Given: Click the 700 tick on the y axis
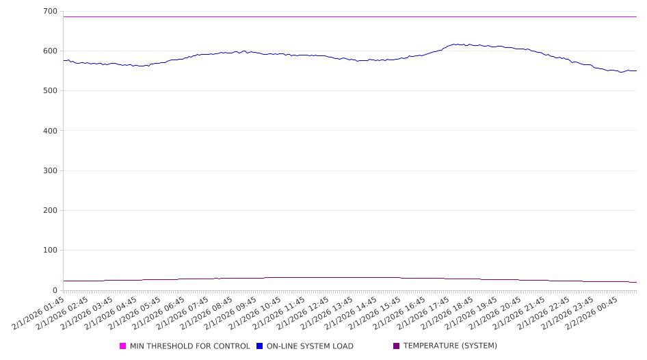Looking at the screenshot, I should pos(49,12).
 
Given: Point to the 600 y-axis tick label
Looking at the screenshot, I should pos(49,51).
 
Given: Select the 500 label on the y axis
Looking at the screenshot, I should pos(49,91).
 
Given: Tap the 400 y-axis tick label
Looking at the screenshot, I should pos(49,131).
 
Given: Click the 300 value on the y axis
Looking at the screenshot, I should pos(49,170).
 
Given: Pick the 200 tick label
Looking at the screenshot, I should pos(49,211).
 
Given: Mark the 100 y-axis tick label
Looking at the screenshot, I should pos(49,250).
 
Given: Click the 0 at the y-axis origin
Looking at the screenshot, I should pos(55,290).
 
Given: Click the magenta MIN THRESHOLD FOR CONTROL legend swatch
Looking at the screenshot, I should pos(123,346).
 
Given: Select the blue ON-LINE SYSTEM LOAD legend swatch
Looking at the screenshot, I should pos(260,346).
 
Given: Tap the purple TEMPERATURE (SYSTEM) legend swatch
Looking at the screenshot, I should pos(397,346).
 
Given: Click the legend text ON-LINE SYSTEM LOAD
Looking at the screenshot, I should pos(310,346).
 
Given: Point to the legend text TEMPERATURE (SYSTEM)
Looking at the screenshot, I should pos(450,346).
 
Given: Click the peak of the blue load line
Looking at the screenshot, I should pos(454,44).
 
